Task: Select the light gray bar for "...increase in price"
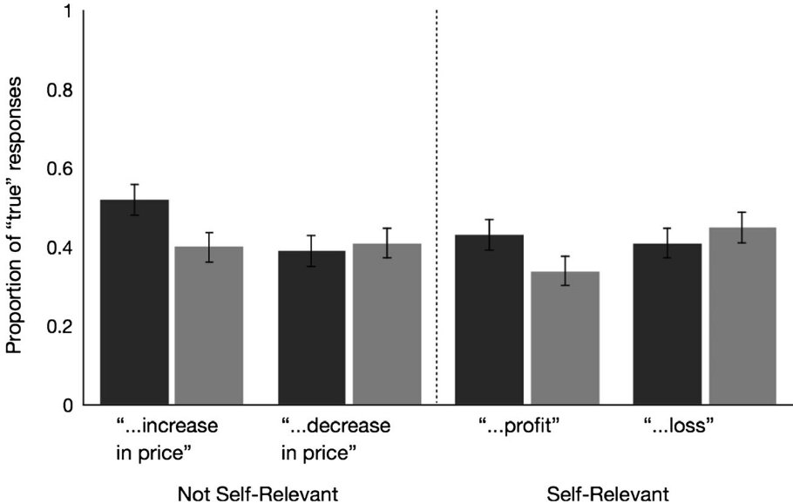coord(209,326)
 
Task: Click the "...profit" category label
coord(518,428)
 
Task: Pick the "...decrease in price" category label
coord(335,440)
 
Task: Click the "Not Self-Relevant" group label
coord(257,494)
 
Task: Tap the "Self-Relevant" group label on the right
coord(608,494)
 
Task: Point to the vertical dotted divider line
coord(436,174)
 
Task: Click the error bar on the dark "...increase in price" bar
coord(134,199)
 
